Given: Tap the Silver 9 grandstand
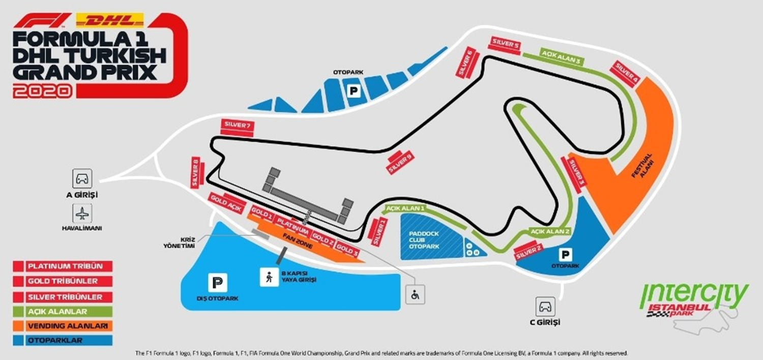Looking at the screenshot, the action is pyautogui.click(x=401, y=162).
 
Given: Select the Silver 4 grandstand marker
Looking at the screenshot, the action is pyautogui.click(x=626, y=73).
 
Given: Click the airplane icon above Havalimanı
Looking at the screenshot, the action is pyautogui.click(x=82, y=214).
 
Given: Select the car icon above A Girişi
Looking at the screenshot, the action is pyautogui.click(x=82, y=179).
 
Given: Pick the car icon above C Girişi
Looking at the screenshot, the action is pyautogui.click(x=545, y=307).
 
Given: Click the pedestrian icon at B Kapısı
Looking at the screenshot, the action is pyautogui.click(x=269, y=277).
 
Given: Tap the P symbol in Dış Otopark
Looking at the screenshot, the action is pyautogui.click(x=217, y=283).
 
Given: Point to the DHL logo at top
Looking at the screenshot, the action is pyautogui.click(x=109, y=20).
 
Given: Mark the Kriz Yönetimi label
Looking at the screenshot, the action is pyautogui.click(x=181, y=242).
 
